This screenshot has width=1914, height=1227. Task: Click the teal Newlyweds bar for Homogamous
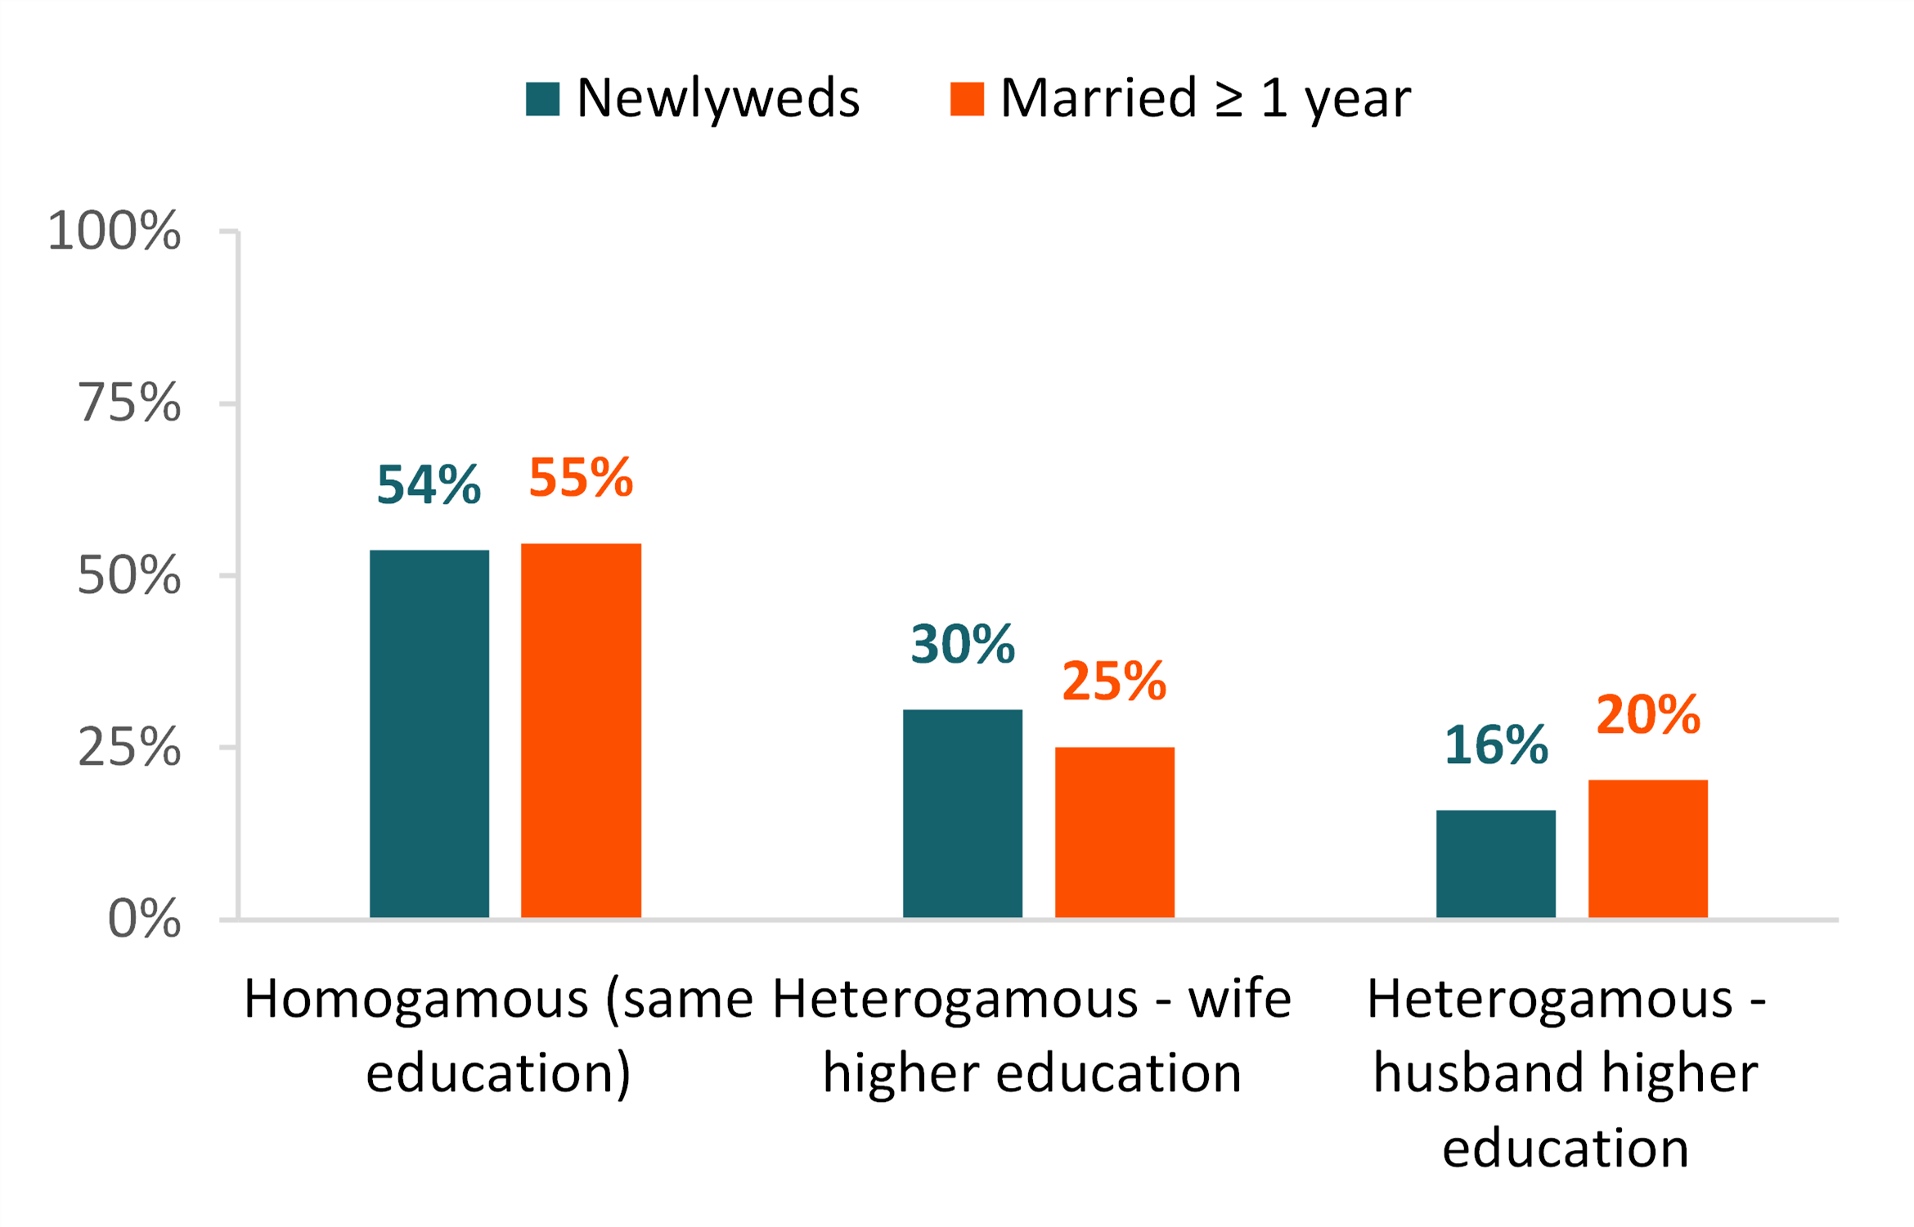click(429, 734)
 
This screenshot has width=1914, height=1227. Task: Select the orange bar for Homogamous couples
click(581, 730)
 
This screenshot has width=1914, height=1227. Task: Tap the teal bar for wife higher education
click(962, 813)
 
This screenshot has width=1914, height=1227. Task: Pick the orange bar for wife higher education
click(1114, 832)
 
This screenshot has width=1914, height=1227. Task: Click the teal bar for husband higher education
click(1495, 864)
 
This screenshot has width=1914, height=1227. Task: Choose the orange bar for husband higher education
click(1647, 848)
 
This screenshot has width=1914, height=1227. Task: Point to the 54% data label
click(429, 484)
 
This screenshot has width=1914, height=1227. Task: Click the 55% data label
click(581, 477)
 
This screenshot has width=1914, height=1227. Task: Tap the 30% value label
click(963, 644)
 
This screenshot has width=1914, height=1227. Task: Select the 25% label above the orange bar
click(1114, 681)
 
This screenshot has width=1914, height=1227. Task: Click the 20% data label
click(1648, 714)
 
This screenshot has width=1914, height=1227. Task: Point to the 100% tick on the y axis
click(115, 231)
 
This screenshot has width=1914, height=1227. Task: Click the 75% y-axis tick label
click(129, 403)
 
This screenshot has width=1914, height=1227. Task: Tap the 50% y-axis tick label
click(129, 576)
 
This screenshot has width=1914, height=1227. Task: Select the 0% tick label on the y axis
click(144, 919)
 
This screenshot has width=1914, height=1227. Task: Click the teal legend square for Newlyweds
click(542, 99)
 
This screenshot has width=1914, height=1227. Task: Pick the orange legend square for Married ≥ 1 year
click(967, 99)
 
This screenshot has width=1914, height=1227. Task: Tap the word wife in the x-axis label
click(1239, 999)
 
